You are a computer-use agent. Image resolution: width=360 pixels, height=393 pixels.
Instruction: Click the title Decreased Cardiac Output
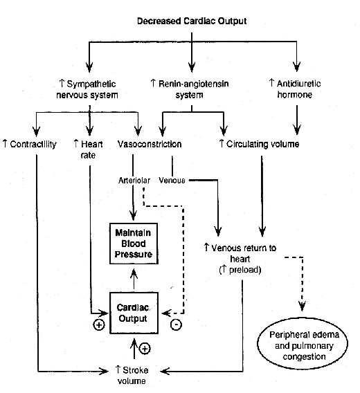(192, 21)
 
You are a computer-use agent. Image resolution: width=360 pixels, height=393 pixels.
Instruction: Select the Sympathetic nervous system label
(87, 89)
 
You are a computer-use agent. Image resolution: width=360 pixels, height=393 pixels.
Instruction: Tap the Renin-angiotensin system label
(190, 89)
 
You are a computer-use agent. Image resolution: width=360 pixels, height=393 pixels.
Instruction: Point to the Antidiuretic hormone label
(295, 89)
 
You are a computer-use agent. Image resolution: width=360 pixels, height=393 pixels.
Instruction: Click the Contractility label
(30, 144)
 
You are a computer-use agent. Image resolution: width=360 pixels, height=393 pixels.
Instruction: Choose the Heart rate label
(88, 149)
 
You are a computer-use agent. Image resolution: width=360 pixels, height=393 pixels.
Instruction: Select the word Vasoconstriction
(150, 144)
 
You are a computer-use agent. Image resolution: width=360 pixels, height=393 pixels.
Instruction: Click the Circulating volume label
(260, 144)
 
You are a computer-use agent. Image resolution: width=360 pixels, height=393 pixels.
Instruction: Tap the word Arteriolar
(134, 181)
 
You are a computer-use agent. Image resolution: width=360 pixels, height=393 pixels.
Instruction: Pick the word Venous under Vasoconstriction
(172, 180)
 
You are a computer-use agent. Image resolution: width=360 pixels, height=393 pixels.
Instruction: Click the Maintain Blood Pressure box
(134, 244)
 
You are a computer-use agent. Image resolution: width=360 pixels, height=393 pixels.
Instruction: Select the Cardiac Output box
(134, 313)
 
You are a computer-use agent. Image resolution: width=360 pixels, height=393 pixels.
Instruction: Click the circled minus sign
(176, 325)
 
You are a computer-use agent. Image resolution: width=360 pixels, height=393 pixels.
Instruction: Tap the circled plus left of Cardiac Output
(99, 325)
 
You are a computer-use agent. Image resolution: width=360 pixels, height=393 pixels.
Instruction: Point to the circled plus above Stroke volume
(145, 349)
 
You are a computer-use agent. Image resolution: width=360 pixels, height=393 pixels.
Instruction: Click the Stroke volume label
(132, 375)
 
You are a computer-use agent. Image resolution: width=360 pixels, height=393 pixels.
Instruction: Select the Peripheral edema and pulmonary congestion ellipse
(303, 344)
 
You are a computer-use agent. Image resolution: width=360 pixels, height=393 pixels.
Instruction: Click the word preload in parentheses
(245, 270)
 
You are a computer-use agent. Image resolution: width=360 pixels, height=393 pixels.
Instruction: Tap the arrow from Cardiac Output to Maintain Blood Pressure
(134, 279)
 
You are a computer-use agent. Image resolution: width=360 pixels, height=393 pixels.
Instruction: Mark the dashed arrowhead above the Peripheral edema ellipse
(302, 307)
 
